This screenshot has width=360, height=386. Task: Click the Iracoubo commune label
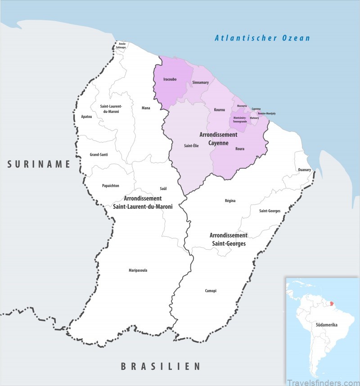pos(170,80)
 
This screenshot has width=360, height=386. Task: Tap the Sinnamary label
pos(200,83)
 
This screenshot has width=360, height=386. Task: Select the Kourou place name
pos(220,110)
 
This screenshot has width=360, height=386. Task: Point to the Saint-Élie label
pos(191,145)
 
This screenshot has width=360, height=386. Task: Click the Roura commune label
pos(239,148)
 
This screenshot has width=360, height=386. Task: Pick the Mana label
pos(146,108)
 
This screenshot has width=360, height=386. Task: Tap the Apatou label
pos(86,117)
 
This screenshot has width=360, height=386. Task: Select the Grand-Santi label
pos(99,154)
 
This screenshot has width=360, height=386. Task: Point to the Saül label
pos(163,188)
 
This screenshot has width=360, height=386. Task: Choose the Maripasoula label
pos(138,270)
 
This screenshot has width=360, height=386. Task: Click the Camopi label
pos(211,291)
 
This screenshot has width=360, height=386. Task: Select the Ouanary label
pos(304,170)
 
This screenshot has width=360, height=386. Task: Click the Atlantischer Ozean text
pos(262,38)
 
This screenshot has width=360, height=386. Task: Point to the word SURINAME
pos(39,165)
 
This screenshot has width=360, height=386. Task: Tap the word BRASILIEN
pos(160,367)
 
